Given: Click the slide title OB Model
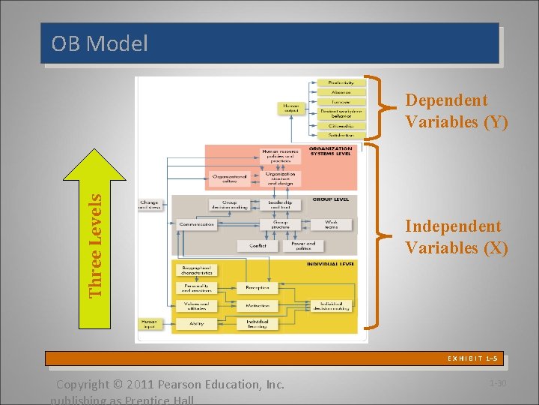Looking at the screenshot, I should tap(100, 44).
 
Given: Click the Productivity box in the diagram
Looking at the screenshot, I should tap(341, 82).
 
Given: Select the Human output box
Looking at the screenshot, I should tap(291, 108).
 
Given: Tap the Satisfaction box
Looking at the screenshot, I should tap(341, 136).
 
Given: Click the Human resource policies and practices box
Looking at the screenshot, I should tap(280, 156).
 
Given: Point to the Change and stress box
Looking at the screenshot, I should tap(149, 204).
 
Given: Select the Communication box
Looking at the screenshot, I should tap(196, 223).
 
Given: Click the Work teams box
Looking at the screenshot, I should tap(331, 223).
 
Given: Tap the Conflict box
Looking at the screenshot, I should tap(258, 245).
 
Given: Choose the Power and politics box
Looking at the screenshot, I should tap(303, 245).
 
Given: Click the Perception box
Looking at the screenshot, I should tap(258, 287).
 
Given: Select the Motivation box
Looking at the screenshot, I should tap(258, 306).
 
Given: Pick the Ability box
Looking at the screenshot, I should tap(196, 325).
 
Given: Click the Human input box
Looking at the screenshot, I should tap(150, 324).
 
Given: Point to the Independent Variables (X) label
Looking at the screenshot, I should tap(456, 237).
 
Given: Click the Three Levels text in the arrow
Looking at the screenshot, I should tap(96, 245).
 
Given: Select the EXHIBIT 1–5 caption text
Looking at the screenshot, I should tap(472, 359).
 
